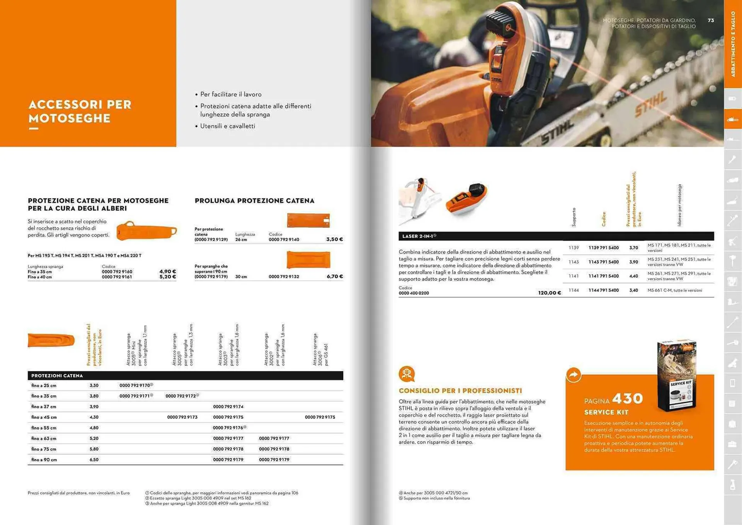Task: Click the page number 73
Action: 711,20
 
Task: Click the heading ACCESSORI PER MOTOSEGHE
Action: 80,111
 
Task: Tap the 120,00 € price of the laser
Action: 549,293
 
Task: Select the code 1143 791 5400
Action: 603,262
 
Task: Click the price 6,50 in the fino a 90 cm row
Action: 94,460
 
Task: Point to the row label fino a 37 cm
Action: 44,407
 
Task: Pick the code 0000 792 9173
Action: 182,418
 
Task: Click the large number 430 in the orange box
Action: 627,399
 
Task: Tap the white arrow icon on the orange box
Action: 574,375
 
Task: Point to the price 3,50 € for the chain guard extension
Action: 334,240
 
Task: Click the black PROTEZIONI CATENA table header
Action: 57,376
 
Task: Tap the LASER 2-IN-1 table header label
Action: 419,236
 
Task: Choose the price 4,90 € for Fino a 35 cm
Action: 168,271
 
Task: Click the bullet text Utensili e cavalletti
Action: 228,126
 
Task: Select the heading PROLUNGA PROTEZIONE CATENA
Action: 254,201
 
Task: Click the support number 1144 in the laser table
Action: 574,290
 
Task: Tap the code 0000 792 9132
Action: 284,277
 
